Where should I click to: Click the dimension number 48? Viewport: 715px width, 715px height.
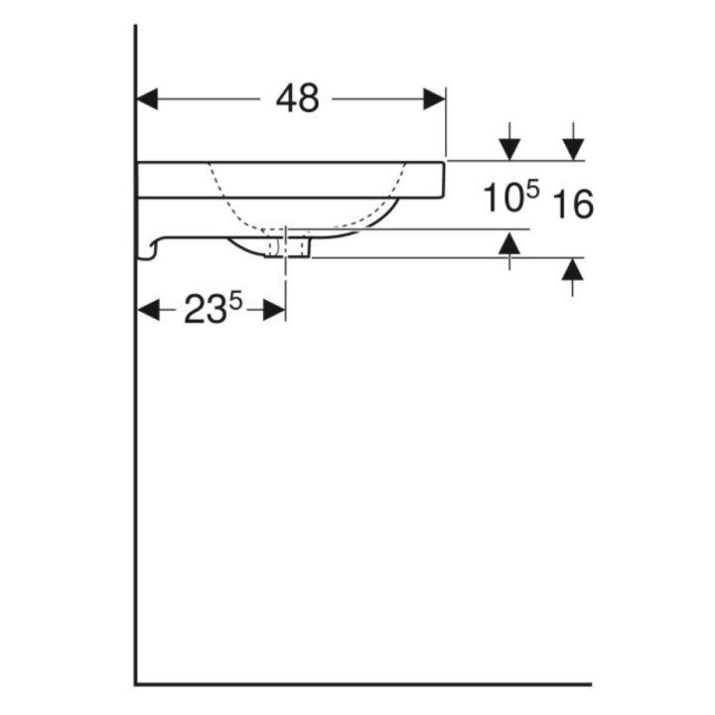coord(297,98)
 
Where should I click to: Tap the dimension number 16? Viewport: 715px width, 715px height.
coord(573,204)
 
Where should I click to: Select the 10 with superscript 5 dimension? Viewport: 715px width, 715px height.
coord(510,196)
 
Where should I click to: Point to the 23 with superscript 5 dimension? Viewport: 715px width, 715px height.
coord(213,308)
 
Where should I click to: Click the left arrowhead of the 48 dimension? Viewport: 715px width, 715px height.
coord(147,99)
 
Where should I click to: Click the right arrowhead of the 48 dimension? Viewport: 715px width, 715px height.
coord(435,99)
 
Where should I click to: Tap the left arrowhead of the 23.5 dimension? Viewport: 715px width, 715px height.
coord(148,310)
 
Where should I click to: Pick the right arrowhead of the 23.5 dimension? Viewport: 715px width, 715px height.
coord(274,310)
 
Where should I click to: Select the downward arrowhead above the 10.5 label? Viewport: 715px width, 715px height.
coord(509,150)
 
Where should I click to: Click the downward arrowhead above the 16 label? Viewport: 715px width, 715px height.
coord(573,150)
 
